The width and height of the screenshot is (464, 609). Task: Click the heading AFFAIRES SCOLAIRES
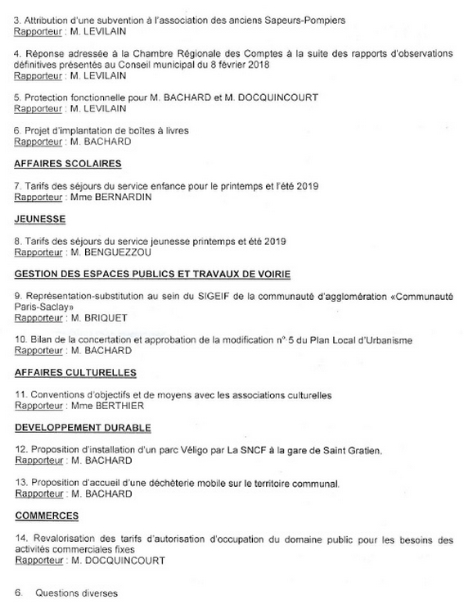(68, 164)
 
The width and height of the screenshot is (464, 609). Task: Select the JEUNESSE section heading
(41, 219)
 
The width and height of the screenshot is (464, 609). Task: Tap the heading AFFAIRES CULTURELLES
(75, 372)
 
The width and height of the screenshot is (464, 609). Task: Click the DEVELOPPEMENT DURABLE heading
(83, 427)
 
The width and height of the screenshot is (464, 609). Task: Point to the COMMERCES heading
(47, 516)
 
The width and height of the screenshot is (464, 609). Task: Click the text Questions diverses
(77, 592)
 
